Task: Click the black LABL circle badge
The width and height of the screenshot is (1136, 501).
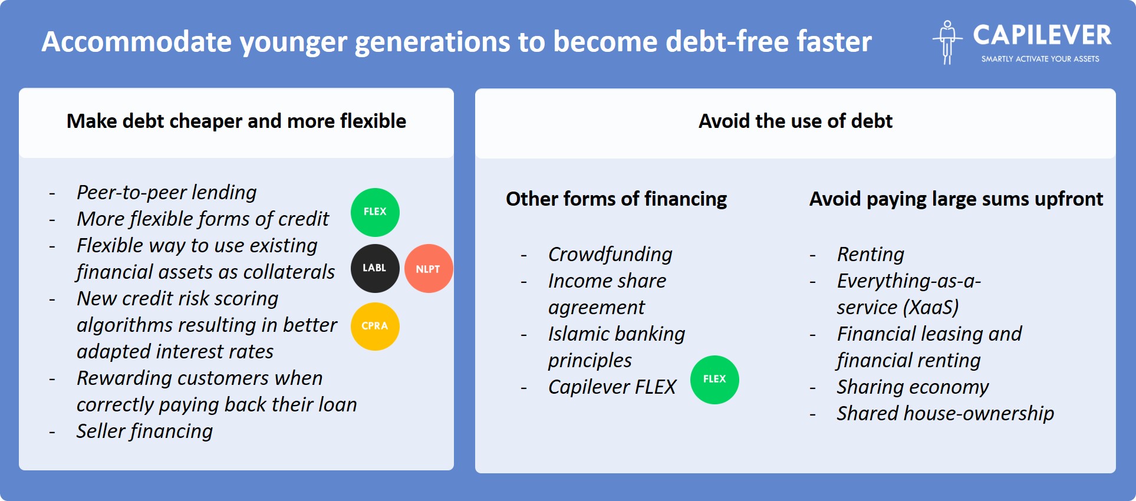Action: (375, 268)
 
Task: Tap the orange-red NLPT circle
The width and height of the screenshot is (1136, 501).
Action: (429, 269)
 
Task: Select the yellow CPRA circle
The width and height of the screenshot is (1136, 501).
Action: (375, 326)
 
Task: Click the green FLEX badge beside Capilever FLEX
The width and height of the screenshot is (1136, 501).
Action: (714, 380)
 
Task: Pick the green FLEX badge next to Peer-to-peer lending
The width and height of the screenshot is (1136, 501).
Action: (375, 212)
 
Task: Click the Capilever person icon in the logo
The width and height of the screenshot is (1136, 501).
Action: (947, 42)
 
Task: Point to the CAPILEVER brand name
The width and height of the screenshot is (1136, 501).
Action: (1042, 35)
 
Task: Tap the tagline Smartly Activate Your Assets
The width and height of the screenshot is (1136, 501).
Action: (1040, 59)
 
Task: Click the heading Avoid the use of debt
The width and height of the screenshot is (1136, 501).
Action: (795, 121)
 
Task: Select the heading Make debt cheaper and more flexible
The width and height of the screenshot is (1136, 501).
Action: (236, 121)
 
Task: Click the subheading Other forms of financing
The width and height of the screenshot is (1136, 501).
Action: (616, 199)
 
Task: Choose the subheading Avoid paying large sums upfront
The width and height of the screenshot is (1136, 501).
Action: (956, 199)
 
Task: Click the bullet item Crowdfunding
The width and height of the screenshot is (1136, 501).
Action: (610, 254)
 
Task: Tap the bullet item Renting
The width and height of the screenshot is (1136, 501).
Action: (870, 254)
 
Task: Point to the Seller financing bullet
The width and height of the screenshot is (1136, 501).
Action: (144, 431)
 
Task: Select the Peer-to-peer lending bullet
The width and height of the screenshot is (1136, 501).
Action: (167, 192)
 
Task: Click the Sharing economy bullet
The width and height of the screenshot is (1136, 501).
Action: (913, 387)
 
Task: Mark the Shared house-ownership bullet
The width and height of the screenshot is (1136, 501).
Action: (946, 413)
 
